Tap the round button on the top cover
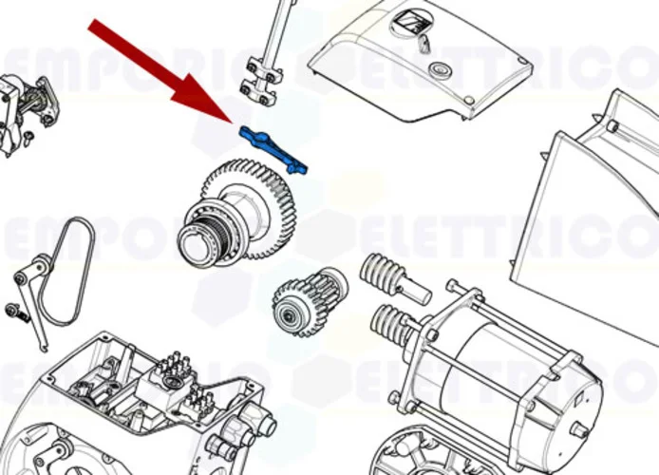pyautogui.click(x=440, y=69)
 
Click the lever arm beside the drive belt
pyautogui.click(x=28, y=285)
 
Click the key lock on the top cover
pyautogui.click(x=424, y=42)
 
